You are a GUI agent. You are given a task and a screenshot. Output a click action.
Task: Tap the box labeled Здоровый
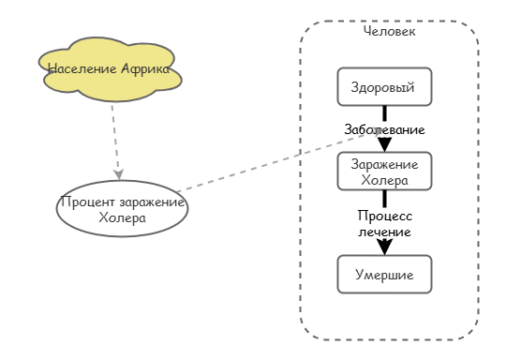[x=384, y=87]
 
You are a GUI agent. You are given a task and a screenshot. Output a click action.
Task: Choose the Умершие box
[x=384, y=274]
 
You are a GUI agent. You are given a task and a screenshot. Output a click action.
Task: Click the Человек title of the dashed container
[x=389, y=31]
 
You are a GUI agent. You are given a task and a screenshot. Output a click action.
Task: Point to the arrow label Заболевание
[x=384, y=129]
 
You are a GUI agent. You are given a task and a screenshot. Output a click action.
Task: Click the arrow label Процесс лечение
[x=384, y=223]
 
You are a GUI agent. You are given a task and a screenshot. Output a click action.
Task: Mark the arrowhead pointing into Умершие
[x=384, y=247]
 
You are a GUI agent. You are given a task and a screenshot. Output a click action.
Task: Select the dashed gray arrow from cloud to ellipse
[x=115, y=136]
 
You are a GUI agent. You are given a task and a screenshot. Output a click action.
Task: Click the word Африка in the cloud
[x=145, y=68]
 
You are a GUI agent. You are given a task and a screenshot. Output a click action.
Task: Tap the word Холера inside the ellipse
[x=122, y=218]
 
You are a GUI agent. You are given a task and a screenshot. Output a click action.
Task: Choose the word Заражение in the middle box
[x=384, y=165]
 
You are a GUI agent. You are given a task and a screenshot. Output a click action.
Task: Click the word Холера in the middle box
[x=384, y=179]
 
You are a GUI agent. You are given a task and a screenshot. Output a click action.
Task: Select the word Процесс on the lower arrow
[x=384, y=216]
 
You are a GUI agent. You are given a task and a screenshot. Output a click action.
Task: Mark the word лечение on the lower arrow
[x=384, y=231]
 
